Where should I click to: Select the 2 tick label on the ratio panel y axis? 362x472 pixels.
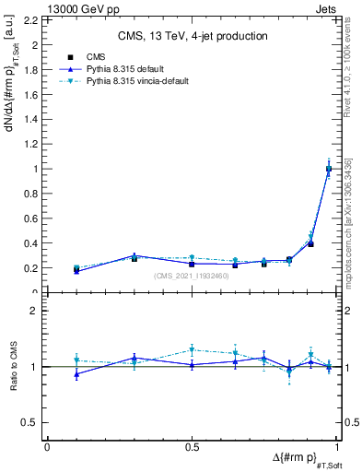[34, 312]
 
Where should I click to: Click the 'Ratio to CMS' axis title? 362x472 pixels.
[13, 367]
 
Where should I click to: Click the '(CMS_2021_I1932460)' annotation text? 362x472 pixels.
[192, 277]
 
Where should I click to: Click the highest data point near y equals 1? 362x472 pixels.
[329, 169]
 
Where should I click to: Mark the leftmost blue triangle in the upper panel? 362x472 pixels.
[76, 271]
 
